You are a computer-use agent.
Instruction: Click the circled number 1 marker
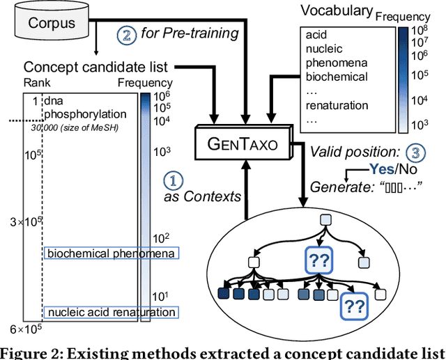click(x=173, y=180)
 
